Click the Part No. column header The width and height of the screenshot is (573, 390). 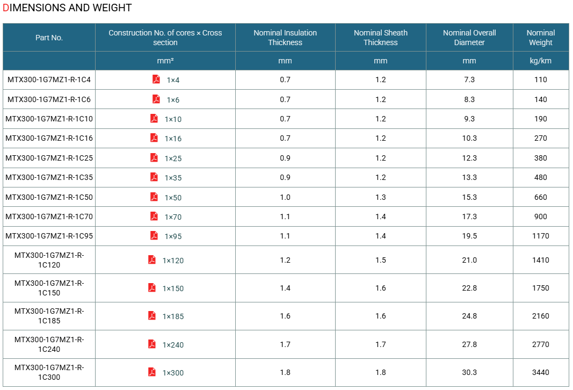pos(49,38)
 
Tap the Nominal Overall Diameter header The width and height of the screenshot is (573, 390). pos(469,38)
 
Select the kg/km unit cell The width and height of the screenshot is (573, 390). pos(540,61)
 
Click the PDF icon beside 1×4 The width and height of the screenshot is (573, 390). pos(156,80)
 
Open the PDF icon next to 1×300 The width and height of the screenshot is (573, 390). pos(152,372)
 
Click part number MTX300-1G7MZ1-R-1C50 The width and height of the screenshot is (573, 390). pos(49,197)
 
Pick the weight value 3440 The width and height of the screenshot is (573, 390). pos(540,372)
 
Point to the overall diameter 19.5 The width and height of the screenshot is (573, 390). pos(469,236)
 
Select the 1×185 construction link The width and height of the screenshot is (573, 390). pos(173,316)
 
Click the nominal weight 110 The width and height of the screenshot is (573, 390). pos(540,80)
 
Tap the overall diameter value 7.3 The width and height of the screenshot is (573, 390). pos(469,80)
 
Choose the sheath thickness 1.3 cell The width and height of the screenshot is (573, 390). pos(380,197)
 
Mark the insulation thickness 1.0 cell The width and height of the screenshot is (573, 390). pos(285,197)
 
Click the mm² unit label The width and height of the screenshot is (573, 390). pos(165,61)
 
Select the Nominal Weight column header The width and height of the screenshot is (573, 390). pos(540,38)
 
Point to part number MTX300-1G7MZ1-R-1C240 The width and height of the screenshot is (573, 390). pos(49,344)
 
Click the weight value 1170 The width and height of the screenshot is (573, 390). pos(540,236)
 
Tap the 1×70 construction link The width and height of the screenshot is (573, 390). pos(173,217)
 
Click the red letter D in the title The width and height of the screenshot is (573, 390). pos(5,8)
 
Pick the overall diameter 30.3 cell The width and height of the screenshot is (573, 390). pos(469,372)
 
